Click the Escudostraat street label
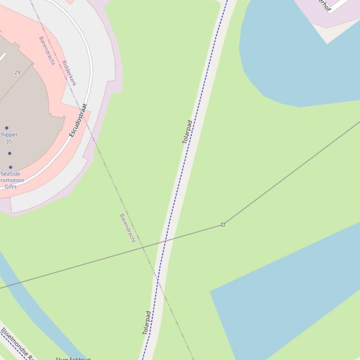coord(79,120)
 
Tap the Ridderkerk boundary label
coord(69,73)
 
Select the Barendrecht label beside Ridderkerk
coord(47,50)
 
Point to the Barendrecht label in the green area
coord(127,228)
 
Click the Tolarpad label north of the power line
coord(187,132)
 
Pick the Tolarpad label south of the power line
coord(147,323)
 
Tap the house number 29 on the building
coord(17,72)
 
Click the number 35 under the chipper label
coord(9,142)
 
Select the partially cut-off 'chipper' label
coord(9,135)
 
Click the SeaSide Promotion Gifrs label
coord(11,180)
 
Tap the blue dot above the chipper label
coord(7,128)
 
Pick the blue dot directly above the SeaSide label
coord(10,167)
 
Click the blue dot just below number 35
coord(9,153)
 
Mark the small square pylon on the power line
coord(223,224)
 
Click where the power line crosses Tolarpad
coord(166,241)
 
